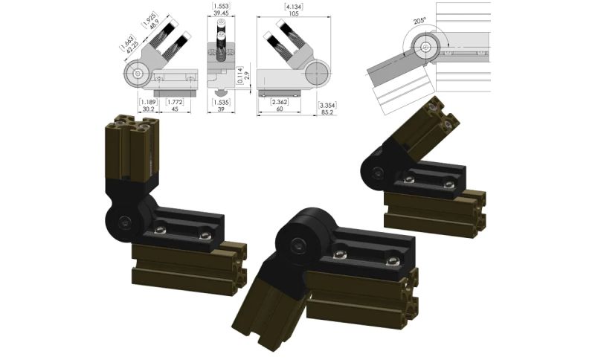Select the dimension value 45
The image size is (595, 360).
click(174, 109)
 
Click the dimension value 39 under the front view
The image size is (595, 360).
click(221, 109)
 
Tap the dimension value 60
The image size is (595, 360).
click(280, 109)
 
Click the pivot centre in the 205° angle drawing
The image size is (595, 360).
click(425, 47)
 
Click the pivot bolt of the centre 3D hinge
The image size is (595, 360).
click(297, 244)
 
